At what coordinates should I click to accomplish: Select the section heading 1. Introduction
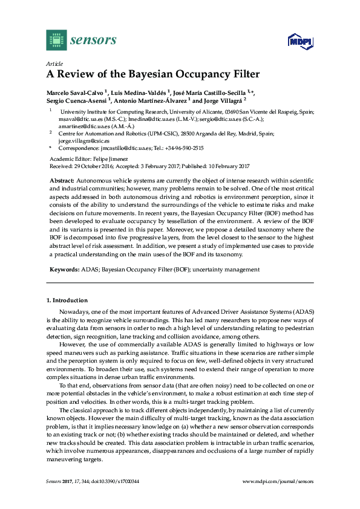click(x=67, y=300)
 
